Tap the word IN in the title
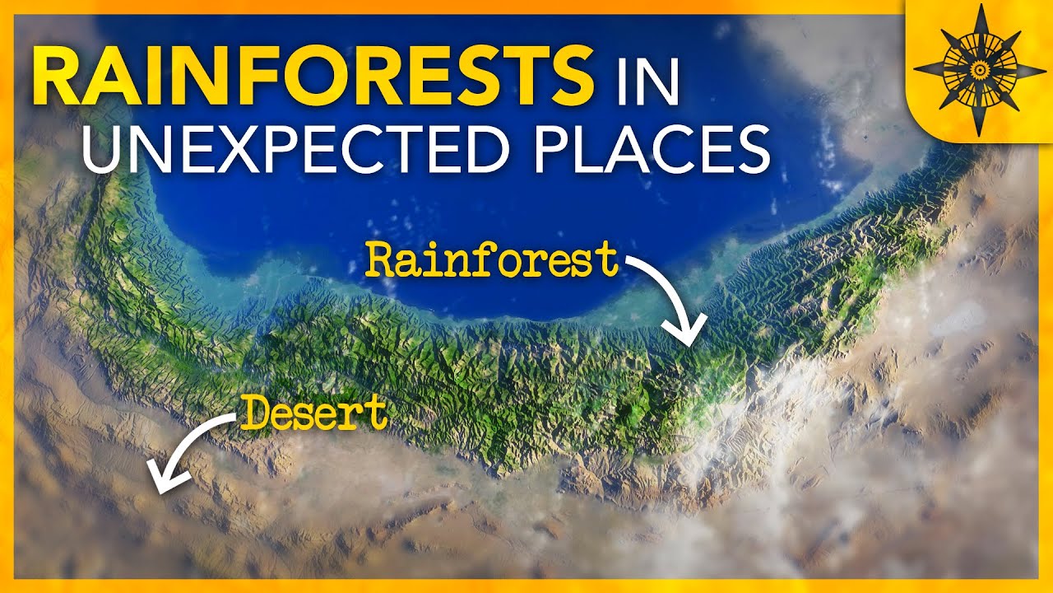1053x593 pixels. (643, 76)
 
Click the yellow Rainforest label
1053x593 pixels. (492, 259)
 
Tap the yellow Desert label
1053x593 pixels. (315, 413)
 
